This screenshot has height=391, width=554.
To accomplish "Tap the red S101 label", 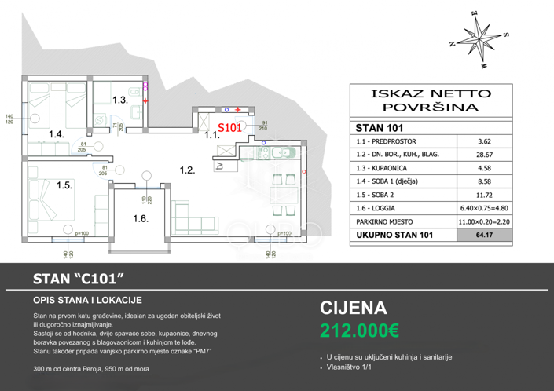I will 229,127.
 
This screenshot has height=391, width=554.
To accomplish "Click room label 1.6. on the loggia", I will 141,219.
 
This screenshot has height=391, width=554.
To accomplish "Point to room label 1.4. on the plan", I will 56,134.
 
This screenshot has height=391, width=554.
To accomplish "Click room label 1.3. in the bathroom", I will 119,100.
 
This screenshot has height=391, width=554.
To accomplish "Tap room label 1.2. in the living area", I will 187,170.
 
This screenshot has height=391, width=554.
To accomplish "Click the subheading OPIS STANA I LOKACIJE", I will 87,300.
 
